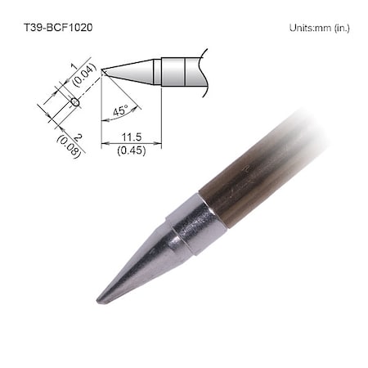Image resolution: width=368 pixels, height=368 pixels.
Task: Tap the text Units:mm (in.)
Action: click(x=320, y=28)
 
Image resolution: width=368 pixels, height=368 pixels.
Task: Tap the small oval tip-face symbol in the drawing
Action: click(x=74, y=102)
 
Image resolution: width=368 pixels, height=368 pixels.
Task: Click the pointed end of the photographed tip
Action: click(x=99, y=300)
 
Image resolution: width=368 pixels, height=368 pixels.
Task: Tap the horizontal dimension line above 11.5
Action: click(x=131, y=143)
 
